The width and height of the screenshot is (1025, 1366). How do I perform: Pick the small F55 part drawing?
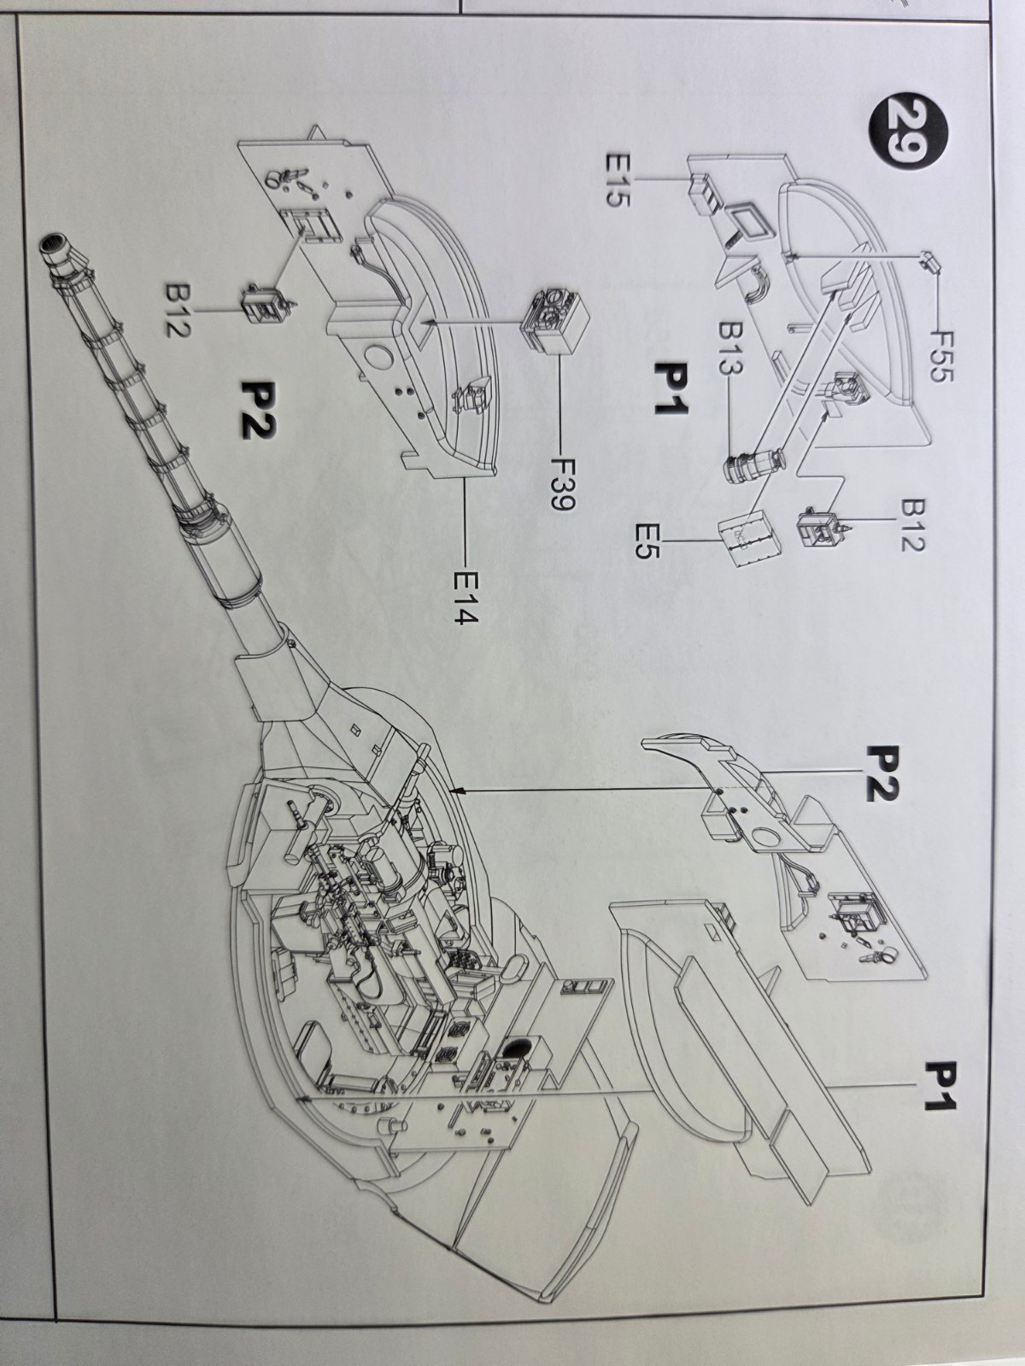point(928,262)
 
